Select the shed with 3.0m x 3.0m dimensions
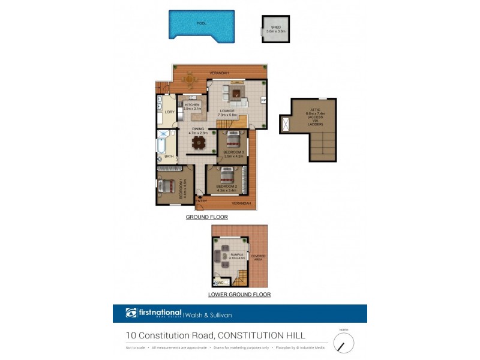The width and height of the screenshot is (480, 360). coord(275,29)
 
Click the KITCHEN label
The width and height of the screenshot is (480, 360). coord(192,105)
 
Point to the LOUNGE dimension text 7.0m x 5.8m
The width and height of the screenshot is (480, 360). coord(227,115)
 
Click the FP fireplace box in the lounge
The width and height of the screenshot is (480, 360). coord(263,100)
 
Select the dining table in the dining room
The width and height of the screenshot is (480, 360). coord(197,143)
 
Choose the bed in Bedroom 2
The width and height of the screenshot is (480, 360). coord(226,175)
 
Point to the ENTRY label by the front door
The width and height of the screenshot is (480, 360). coord(202,200)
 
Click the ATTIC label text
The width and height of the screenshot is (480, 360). coord(314,110)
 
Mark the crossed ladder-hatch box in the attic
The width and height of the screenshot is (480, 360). coord(285,124)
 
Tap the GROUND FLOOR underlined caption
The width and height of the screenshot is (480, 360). coord(206,217)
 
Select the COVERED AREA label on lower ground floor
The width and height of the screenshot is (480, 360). coord(259,257)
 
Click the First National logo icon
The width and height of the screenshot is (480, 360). coord(131,313)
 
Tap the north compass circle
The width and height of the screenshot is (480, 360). coord(343,343)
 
